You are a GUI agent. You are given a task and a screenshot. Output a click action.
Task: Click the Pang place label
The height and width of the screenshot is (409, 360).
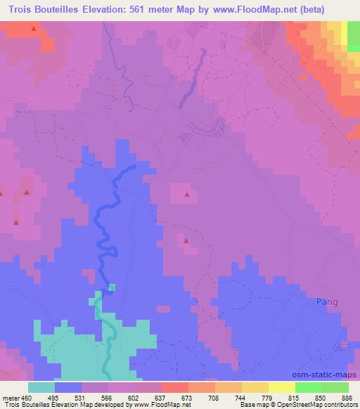[x=328, y=301]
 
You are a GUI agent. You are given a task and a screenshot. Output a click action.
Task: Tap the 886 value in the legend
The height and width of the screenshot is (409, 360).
[x=347, y=397]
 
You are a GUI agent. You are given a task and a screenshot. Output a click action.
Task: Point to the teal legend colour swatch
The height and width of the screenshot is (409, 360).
[x=41, y=387]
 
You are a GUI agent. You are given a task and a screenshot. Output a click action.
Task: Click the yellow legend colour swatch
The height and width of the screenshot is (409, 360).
[x=282, y=387]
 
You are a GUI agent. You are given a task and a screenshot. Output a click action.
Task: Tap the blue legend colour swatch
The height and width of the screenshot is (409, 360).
[x=68, y=387]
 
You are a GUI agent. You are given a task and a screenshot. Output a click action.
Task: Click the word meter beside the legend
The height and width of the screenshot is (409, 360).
[x=10, y=397]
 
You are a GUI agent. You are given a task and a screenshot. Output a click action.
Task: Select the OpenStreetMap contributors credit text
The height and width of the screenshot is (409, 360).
[x=321, y=405]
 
